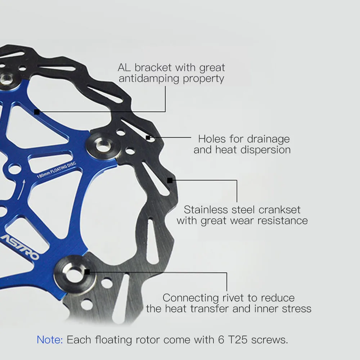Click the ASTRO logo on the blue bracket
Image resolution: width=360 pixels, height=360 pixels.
20,247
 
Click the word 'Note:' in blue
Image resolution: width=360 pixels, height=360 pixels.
50,339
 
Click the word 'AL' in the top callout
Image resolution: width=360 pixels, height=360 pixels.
125,67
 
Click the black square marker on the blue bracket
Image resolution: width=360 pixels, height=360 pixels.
37,112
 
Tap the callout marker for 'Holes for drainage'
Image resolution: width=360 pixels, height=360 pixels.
148,138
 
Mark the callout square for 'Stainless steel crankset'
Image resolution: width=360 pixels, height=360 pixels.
170,180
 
